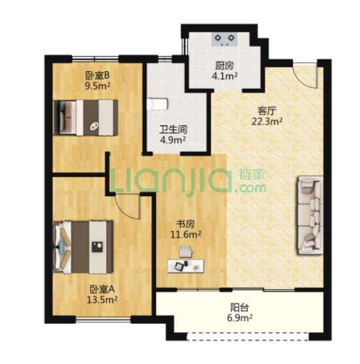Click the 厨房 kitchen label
pyautogui.click(x=224, y=66)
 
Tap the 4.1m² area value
pyautogui.click(x=225, y=76)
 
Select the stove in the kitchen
pyautogui.click(x=225, y=39)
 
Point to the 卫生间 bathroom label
pyautogui.click(x=173, y=130)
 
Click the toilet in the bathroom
pyautogui.click(x=158, y=104)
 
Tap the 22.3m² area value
pyautogui.click(x=267, y=121)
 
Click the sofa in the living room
pyautogui.click(x=309, y=215)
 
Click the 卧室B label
pyautogui.click(x=98, y=75)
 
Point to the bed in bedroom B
pyautogui.click(x=85, y=117)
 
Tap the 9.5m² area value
pyautogui.click(x=98, y=86)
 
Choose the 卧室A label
pyautogui.click(x=102, y=289)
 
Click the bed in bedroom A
pyautogui.click(x=83, y=247)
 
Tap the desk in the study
pyautogui.click(x=186, y=266)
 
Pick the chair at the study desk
pyautogui.click(x=186, y=252)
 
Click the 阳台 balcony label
pyautogui.click(x=239, y=307)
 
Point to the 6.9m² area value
pyautogui.click(x=239, y=317)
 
